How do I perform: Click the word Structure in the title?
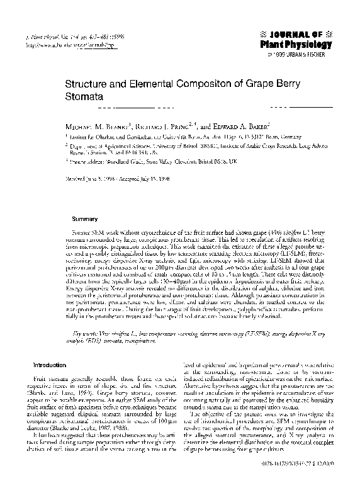87,82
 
